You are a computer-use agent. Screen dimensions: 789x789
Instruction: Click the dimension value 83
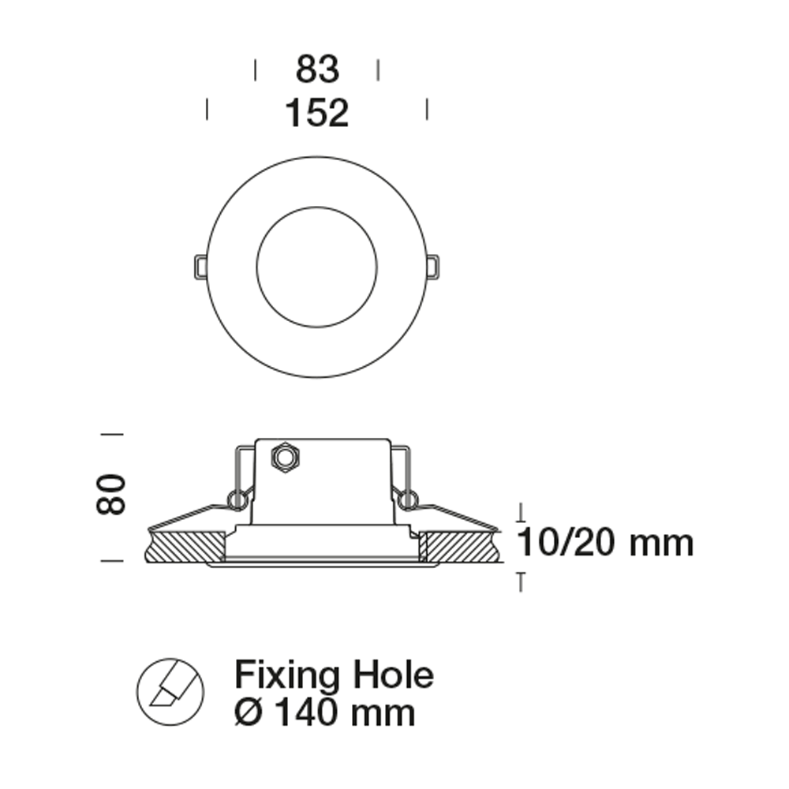tap(317, 69)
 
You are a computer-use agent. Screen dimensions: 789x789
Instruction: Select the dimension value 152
tap(316, 113)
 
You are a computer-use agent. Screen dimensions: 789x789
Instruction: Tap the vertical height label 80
tap(111, 494)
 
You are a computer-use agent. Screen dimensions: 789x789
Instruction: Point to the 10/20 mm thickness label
tap(604, 543)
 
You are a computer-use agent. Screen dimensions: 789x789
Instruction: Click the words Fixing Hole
tap(334, 676)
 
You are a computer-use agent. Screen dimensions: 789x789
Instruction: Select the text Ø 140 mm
tap(325, 713)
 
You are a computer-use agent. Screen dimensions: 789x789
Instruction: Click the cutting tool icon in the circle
tap(170, 691)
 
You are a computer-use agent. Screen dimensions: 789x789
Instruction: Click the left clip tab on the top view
tap(200, 267)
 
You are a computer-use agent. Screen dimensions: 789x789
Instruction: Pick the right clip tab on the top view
tap(432, 267)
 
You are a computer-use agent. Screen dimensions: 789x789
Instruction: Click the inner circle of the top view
tap(317, 267)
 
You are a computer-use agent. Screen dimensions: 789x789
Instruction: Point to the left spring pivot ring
tap(235, 499)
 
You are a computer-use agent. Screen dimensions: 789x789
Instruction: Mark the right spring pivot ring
tap(407, 499)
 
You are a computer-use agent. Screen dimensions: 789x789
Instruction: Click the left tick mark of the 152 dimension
tap(207, 109)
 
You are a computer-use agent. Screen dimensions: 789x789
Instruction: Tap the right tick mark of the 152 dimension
tap(427, 109)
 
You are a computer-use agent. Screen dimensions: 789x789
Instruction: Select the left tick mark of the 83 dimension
tap(255, 69)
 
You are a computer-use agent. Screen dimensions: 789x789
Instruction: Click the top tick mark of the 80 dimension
tap(113, 433)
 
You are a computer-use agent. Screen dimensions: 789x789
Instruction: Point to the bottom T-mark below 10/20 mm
tap(520, 581)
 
